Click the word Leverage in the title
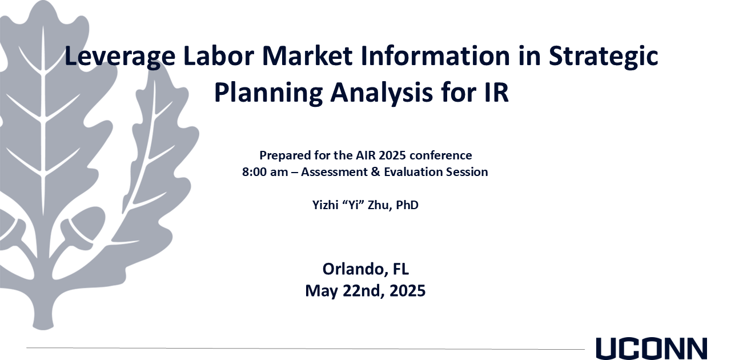120,57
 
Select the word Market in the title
307,56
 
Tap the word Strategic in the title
604,57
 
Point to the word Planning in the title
268,93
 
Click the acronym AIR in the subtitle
366,155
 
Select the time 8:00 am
265,172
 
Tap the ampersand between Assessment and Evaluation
376,172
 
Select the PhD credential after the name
407,205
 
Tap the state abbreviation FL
401,269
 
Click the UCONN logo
652,349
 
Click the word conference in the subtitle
440,155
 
